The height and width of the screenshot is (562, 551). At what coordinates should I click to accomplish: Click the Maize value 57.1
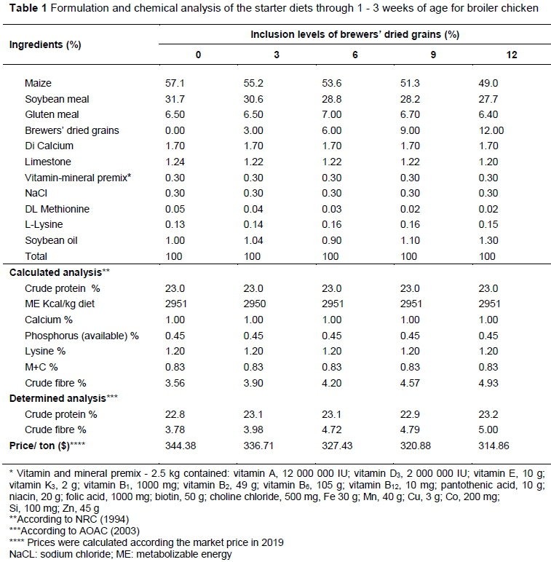[176, 83]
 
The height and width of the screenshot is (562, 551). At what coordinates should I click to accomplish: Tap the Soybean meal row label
[58, 99]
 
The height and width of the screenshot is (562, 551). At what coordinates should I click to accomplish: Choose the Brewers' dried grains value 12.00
[492, 130]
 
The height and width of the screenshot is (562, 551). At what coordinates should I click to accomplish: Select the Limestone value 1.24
[176, 162]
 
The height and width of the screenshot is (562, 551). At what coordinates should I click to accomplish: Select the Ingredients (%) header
[44, 44]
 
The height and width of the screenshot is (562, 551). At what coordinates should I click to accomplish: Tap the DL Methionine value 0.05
[176, 209]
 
